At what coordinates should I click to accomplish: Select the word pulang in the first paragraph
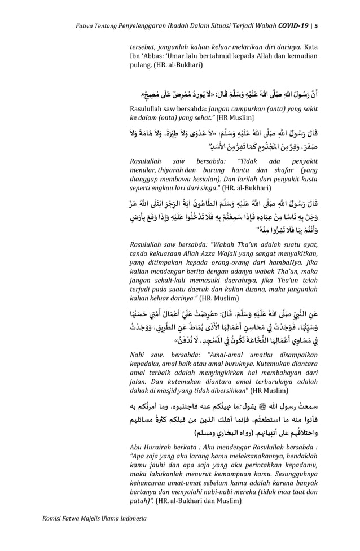140,65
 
